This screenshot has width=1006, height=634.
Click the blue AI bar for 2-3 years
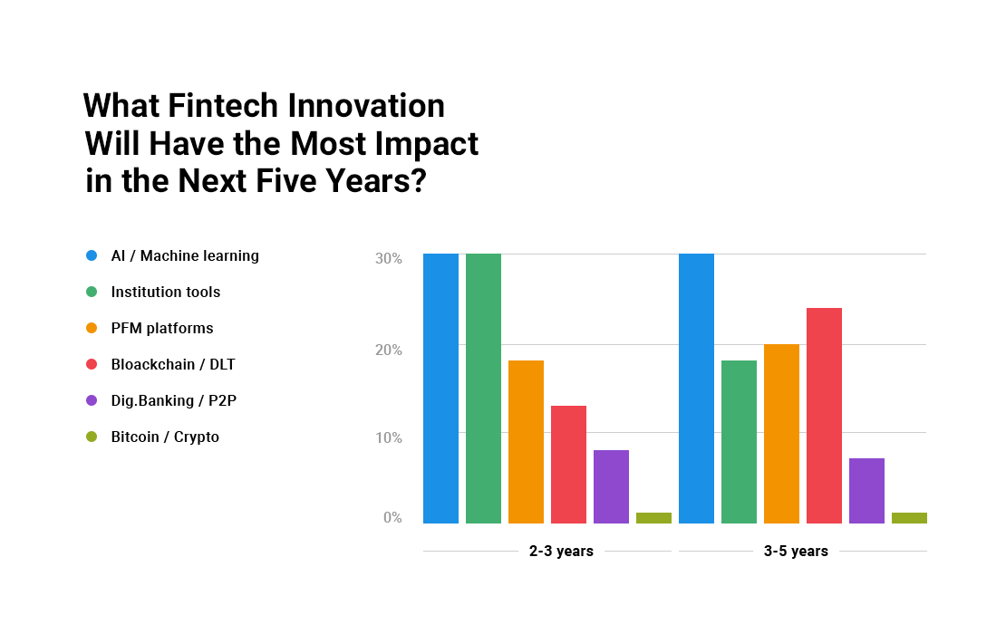(x=440, y=389)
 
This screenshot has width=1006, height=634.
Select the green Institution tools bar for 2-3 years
(x=483, y=389)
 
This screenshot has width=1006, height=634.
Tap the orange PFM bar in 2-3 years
(x=526, y=442)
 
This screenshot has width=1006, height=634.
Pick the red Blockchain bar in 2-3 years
(x=568, y=465)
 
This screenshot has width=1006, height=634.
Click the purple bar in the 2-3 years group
(x=611, y=486)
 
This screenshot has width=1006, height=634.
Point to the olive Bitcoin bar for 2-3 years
(x=653, y=518)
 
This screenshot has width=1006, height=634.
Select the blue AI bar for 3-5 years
(x=696, y=389)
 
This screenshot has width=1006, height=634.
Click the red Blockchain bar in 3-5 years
(x=824, y=416)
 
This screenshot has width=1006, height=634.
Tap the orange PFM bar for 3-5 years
(x=781, y=434)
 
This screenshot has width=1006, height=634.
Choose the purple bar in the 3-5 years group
(x=866, y=491)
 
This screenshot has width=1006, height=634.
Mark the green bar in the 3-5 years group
(x=740, y=442)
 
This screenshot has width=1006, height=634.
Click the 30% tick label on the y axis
(x=389, y=258)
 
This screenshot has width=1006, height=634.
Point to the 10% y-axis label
(x=389, y=437)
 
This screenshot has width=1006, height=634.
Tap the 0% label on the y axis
(x=392, y=517)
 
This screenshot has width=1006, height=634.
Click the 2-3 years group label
(x=561, y=552)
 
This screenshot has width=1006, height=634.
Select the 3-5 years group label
(x=796, y=552)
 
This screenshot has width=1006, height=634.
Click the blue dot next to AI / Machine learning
(x=92, y=255)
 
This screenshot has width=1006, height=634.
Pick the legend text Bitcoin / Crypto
(x=165, y=437)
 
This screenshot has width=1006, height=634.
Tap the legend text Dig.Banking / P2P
(x=174, y=400)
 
